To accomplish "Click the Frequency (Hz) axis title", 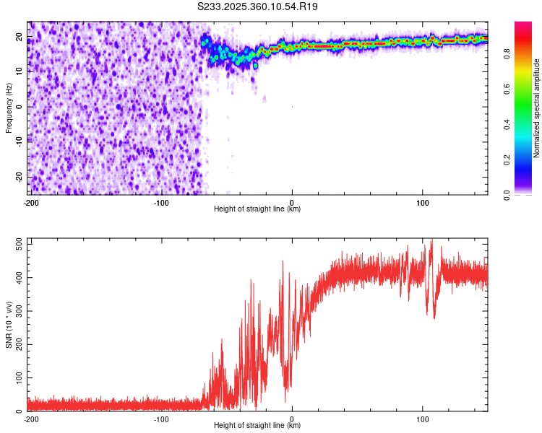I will pos(9,108).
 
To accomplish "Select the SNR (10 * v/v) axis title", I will pos(9,325).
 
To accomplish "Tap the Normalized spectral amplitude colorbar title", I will pos(536,108).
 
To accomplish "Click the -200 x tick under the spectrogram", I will pos(31,202).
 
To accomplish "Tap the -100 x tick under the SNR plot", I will pos(161,419).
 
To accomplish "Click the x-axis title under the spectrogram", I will pos(257,209).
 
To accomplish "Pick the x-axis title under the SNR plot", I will pos(257,426).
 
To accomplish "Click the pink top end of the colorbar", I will pos(522,26).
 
